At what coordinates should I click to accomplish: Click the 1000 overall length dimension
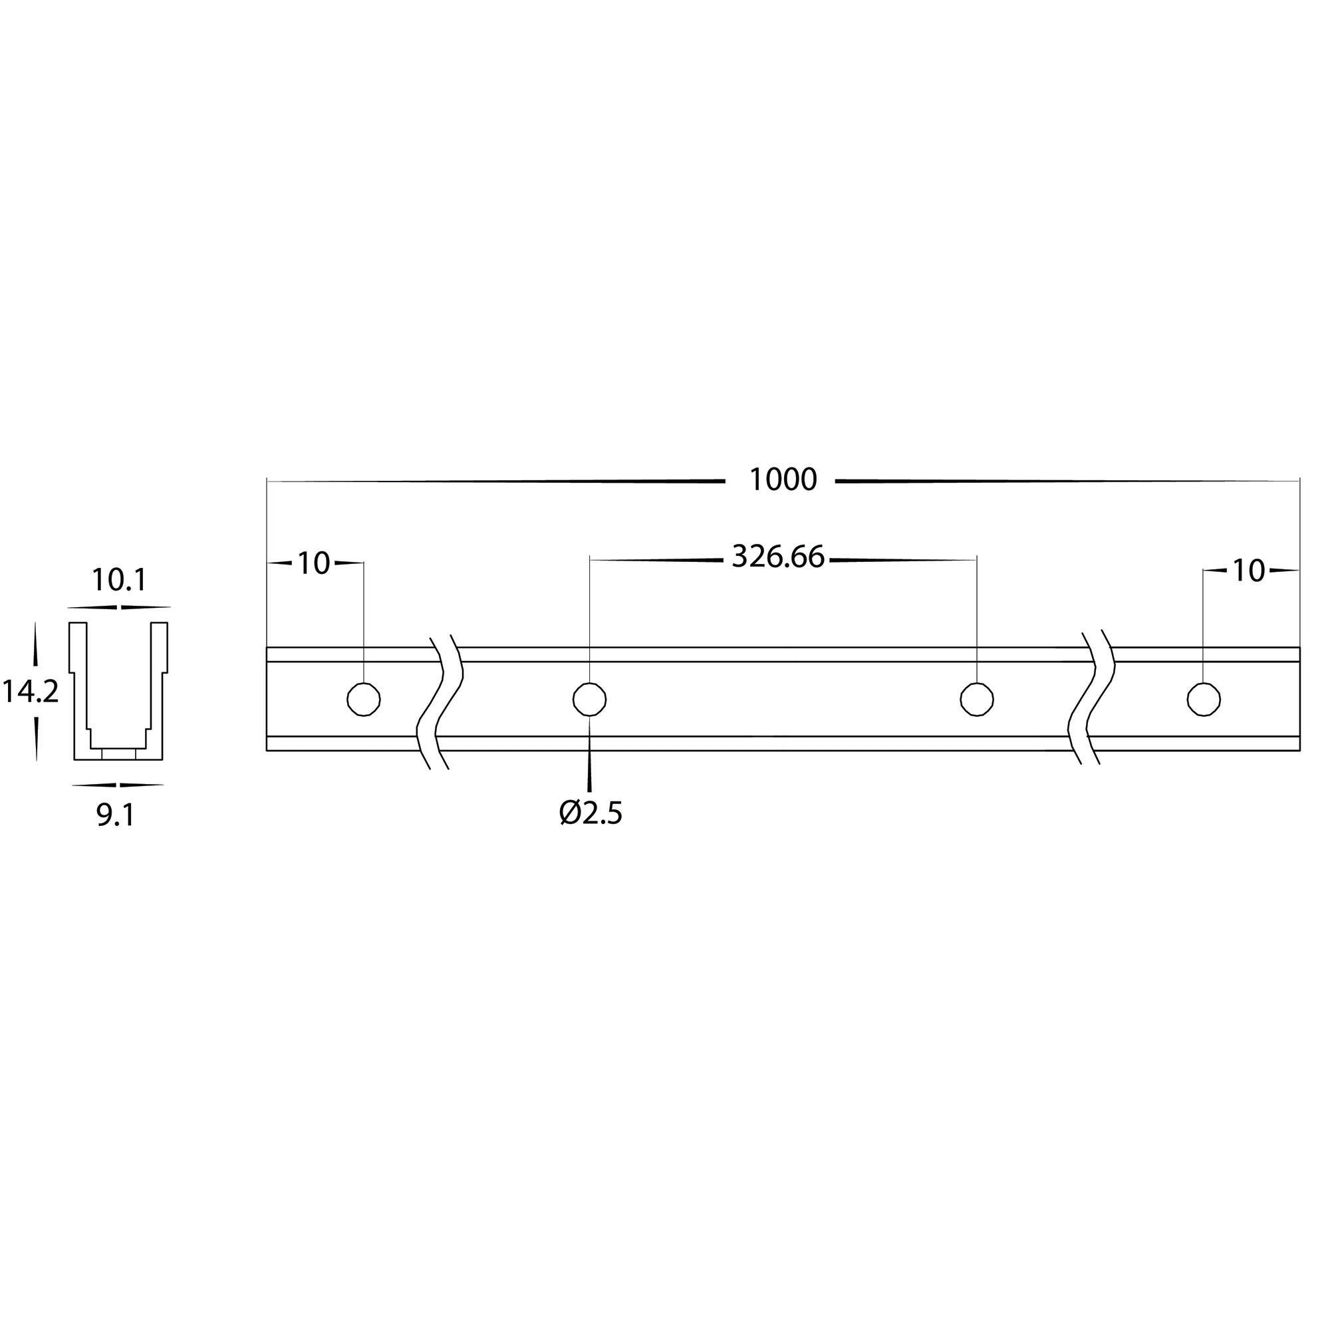click(783, 480)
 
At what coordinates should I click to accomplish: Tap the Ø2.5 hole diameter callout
click(591, 815)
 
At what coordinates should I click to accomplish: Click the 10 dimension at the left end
click(314, 564)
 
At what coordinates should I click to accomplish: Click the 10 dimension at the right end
click(1248, 571)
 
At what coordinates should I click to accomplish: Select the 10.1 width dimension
click(119, 581)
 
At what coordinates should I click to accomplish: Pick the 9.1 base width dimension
click(115, 816)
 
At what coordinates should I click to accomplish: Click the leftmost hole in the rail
click(363, 700)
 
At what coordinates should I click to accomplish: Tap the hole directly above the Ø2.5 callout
click(589, 700)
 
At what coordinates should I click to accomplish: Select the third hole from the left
click(976, 700)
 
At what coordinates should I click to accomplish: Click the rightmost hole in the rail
click(1204, 700)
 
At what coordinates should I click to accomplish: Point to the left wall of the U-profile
click(78, 688)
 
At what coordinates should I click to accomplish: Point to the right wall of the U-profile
click(160, 688)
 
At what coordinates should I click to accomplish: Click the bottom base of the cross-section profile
click(118, 755)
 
